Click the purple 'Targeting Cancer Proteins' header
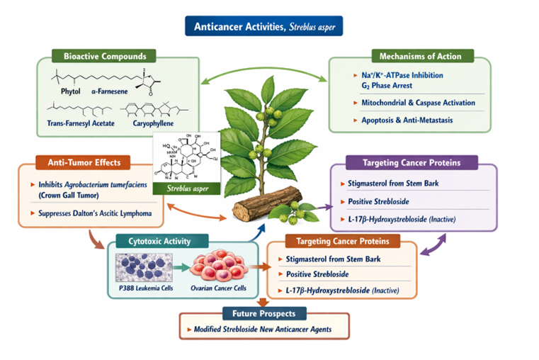coord(412,162)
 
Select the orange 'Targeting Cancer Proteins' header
coord(341,241)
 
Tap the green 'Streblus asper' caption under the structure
coord(186,189)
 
